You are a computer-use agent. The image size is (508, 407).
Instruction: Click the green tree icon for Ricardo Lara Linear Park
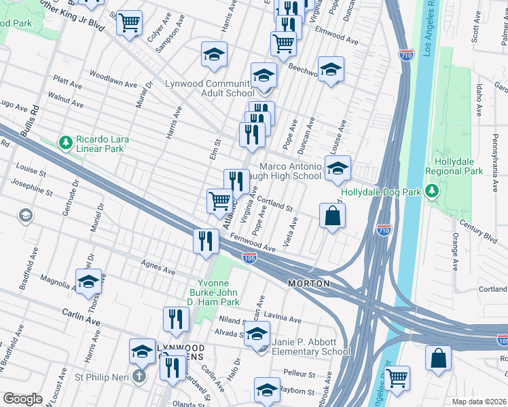coord(66,142)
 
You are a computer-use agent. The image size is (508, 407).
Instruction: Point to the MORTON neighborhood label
coord(308,283)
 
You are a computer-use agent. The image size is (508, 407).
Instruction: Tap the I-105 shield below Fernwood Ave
coord(249,257)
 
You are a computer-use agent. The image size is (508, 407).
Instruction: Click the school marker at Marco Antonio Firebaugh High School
coord(337,170)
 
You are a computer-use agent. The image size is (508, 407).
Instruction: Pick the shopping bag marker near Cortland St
coord(332,216)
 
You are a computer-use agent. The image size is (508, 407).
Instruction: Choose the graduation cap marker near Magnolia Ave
coord(88,282)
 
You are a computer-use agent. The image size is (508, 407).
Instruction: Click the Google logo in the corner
coord(22,398)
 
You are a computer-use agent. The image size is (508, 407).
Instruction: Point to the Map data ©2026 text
coord(479,402)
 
